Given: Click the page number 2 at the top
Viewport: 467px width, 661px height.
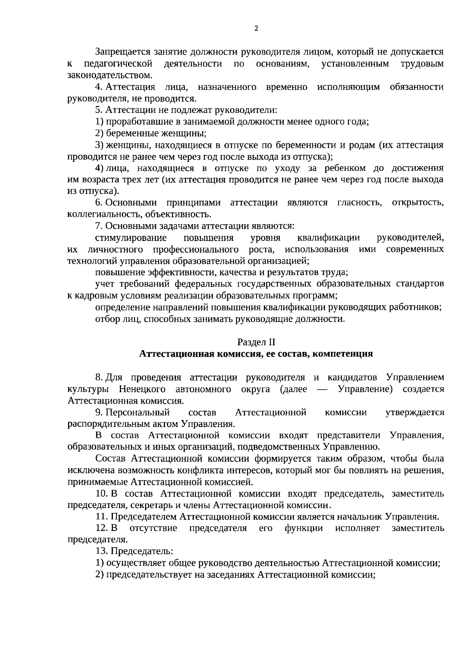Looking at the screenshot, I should point(256,28).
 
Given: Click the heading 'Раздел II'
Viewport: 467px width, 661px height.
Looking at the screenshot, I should point(256,342).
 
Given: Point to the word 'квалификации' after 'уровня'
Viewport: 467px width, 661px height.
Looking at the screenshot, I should point(328,237).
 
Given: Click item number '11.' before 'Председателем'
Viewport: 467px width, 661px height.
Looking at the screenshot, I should point(102,517).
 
